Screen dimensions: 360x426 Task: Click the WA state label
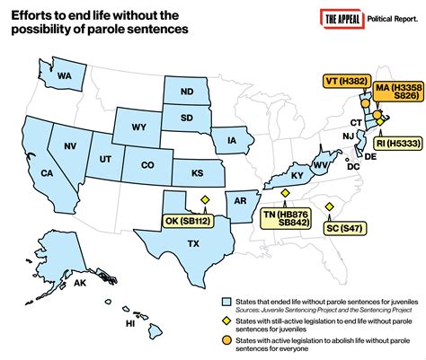[66, 76]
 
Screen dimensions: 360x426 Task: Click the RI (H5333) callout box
[395, 142]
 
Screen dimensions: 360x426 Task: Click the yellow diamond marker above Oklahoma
[203, 199]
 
